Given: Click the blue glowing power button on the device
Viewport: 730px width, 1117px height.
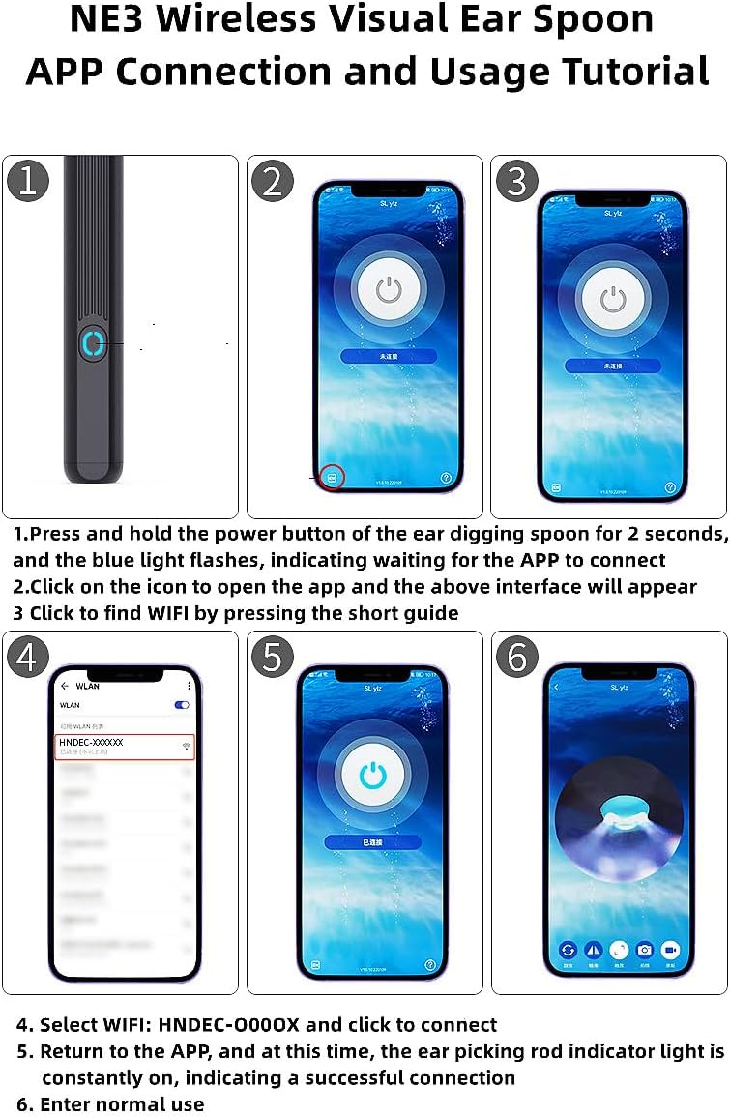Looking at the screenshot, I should (92, 343).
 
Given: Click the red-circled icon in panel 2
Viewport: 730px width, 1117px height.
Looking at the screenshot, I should (332, 477).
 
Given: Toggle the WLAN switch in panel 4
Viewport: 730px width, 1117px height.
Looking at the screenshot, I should (181, 705).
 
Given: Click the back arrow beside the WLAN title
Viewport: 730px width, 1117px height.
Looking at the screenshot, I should (65, 686).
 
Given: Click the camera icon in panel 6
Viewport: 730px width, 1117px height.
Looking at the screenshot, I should (644, 950).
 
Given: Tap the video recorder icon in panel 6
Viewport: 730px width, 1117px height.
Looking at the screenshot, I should (670, 950).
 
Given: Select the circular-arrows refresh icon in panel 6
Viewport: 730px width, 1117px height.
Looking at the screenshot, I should (568, 950).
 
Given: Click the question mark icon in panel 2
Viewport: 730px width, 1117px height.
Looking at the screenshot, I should (446, 477).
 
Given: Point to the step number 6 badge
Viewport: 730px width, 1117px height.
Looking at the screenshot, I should (516, 658).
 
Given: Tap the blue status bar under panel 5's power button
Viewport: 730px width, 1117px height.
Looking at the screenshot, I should (372, 842).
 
